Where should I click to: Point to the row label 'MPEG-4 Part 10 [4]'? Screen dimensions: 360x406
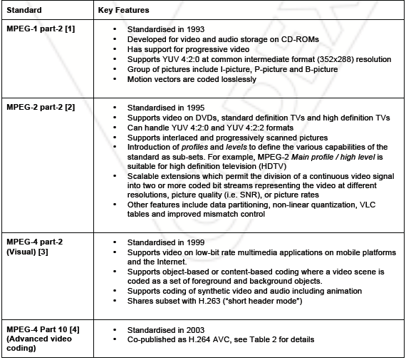pos(41,329)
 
